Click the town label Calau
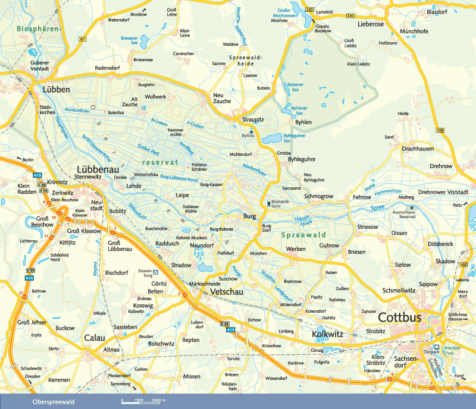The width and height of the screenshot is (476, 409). [x=94, y=338]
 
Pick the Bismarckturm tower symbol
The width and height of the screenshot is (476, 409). [x=268, y=203]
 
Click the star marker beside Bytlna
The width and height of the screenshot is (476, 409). [x=252, y=131]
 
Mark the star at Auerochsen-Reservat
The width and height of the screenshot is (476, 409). [x=411, y=207]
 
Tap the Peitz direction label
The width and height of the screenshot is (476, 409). [x=457, y=205]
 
